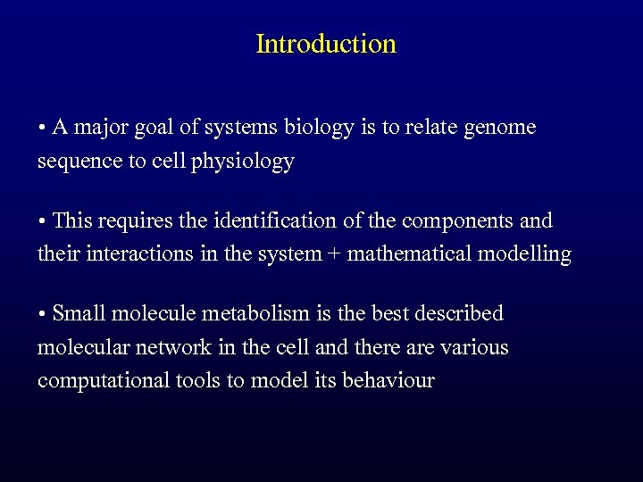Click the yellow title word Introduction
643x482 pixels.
(x=325, y=44)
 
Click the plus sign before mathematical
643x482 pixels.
(x=334, y=255)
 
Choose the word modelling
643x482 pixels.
(x=525, y=254)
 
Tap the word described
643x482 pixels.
(x=456, y=313)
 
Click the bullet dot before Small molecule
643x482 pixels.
(x=42, y=314)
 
